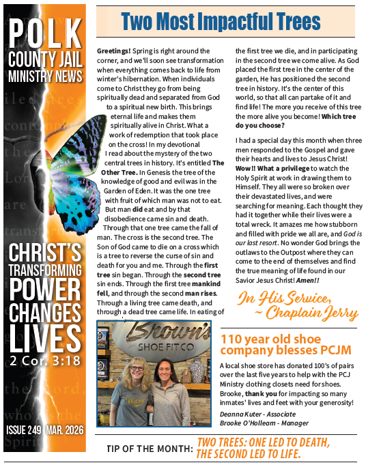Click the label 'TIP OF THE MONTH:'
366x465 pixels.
point(150,449)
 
